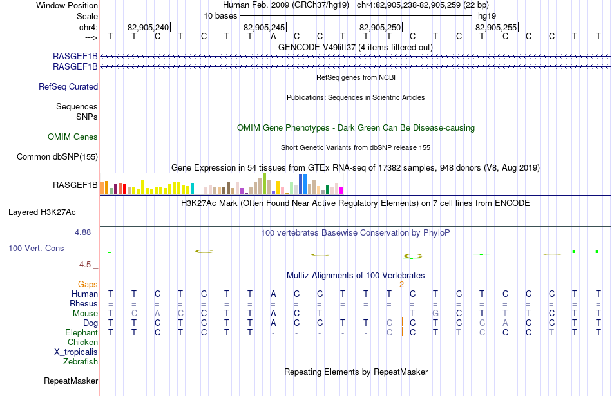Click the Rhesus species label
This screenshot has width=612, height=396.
click(84, 303)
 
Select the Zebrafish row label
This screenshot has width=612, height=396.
click(81, 361)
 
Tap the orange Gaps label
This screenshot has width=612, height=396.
click(88, 284)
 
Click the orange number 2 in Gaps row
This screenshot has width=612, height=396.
click(401, 285)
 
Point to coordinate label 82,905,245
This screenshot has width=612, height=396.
click(264, 27)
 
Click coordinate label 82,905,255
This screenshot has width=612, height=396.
click(496, 27)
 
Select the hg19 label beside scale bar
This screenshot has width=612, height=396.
click(487, 16)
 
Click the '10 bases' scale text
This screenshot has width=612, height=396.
click(220, 16)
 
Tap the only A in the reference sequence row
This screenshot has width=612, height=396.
click(273, 36)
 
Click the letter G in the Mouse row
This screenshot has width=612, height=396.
click(435, 314)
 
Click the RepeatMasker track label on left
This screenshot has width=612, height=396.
click(71, 381)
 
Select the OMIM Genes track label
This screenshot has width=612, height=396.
click(73, 137)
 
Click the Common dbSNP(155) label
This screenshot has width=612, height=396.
click(57, 157)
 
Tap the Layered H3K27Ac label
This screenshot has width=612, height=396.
click(42, 212)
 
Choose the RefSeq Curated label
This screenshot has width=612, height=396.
click(68, 87)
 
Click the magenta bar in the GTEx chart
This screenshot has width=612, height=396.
click(341, 191)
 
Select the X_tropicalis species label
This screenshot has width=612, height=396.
click(76, 352)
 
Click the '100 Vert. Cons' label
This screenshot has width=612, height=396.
click(36, 248)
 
